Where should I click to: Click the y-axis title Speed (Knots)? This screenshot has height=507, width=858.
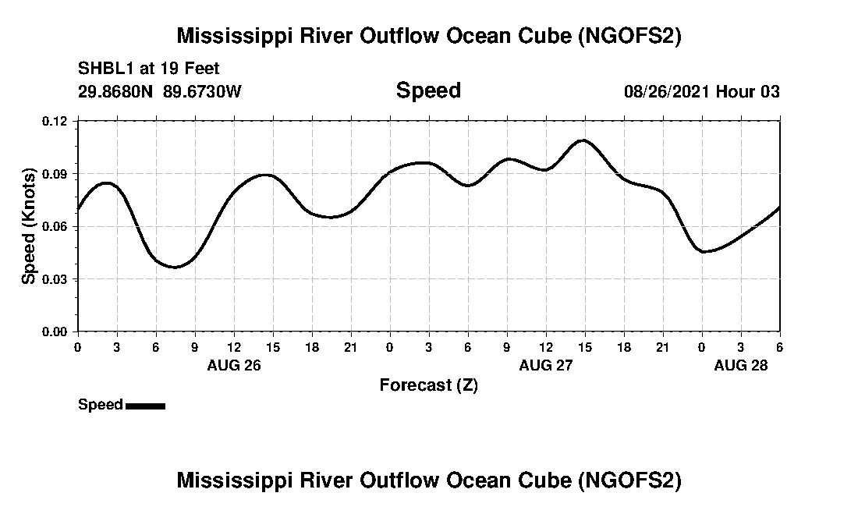click(x=29, y=225)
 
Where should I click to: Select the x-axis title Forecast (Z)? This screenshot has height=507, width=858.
click(x=428, y=385)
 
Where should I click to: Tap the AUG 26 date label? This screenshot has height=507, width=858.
click(x=234, y=365)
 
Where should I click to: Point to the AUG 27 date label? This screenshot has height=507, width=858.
click(x=546, y=365)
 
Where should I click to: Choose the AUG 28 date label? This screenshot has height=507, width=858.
click(x=741, y=365)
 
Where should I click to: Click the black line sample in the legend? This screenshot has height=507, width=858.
click(x=145, y=406)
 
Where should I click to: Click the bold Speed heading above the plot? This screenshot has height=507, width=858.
click(x=428, y=90)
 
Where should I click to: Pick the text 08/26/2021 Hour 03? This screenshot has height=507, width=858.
click(x=701, y=92)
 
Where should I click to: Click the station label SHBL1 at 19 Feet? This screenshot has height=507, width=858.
click(x=148, y=69)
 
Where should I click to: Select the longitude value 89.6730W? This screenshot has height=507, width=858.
click(x=202, y=92)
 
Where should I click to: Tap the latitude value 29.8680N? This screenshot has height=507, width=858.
click(x=117, y=92)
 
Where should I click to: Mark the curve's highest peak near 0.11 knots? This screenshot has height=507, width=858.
click(x=583, y=140)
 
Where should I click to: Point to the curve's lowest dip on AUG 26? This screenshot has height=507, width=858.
click(x=175, y=267)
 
